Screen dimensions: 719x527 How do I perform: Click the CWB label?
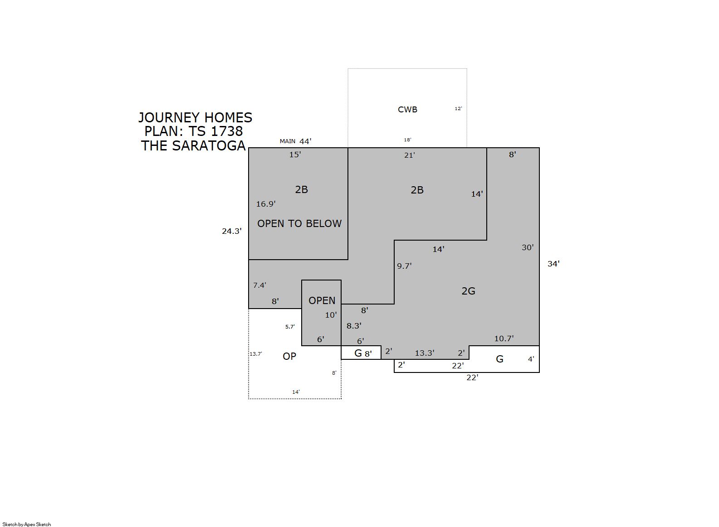407,110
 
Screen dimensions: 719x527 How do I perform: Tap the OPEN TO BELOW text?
299,223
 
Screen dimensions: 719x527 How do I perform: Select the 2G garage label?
468,291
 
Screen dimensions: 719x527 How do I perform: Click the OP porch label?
289,356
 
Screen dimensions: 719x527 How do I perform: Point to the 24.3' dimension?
232,231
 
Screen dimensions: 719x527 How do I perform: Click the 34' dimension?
554,264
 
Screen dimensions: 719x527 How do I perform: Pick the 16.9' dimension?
266,204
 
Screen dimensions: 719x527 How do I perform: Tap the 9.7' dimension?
405,266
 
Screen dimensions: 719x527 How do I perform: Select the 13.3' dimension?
425,353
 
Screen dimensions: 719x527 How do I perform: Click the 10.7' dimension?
504,338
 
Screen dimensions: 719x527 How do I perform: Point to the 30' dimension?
528,247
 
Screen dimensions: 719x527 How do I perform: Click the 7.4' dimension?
259,285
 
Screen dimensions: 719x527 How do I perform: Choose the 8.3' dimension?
354,326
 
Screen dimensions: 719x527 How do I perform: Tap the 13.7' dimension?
256,354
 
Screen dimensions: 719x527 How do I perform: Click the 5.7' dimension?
290,327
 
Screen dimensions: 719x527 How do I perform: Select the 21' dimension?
410,155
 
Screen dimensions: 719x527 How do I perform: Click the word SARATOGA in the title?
209,146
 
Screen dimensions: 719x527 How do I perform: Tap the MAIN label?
288,141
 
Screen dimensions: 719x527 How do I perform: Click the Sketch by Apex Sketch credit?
27,524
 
